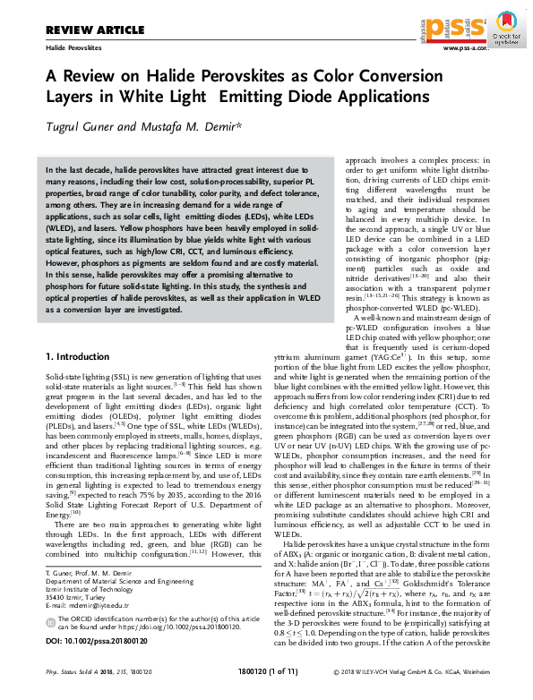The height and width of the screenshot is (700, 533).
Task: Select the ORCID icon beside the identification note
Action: [50, 617]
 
